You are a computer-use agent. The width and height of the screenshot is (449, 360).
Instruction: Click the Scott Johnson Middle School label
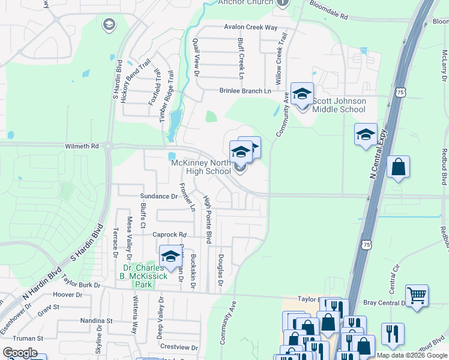point(340,105)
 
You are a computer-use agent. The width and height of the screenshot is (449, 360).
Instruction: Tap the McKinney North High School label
point(201,167)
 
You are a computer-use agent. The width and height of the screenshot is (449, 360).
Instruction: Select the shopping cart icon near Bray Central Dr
point(417,295)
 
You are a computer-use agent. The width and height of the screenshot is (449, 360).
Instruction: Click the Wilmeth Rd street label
point(82,146)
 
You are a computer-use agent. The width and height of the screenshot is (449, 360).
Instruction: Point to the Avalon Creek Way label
point(251,28)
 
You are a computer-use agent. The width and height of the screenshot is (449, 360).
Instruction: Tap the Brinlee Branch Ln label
point(245,91)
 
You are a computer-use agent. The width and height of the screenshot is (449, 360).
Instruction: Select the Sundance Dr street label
point(158,196)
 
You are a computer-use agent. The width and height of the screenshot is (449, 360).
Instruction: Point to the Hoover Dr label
point(67,295)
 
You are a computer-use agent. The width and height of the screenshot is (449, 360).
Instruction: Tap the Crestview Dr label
point(179,347)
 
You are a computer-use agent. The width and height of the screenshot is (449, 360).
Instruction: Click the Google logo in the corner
point(20,353)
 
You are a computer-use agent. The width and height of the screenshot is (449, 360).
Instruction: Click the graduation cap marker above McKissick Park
point(170,256)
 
